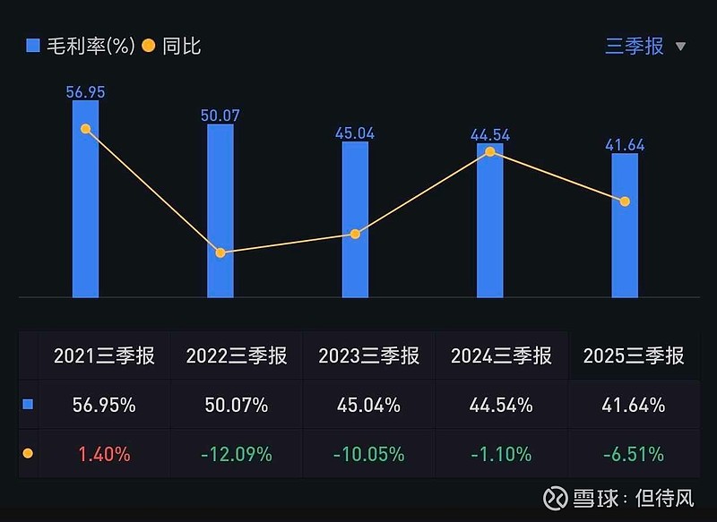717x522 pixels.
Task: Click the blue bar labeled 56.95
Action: (x=85, y=199)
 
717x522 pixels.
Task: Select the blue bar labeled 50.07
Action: (x=220, y=211)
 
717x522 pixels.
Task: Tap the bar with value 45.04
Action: (x=355, y=219)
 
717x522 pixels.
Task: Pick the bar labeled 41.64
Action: (x=625, y=226)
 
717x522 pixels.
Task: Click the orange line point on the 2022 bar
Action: (x=220, y=252)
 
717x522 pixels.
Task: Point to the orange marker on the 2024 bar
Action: (x=490, y=151)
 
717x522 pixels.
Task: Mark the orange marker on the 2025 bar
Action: (x=625, y=201)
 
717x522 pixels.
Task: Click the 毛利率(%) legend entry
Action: (x=81, y=46)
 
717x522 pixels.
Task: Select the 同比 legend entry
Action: (x=172, y=46)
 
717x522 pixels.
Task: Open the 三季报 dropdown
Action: (x=645, y=46)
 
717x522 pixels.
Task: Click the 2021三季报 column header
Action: (x=104, y=355)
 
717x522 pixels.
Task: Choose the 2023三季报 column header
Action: (x=368, y=355)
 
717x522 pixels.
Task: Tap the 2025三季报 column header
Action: (x=634, y=355)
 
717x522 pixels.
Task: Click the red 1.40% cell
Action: (x=104, y=454)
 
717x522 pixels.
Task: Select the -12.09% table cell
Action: (x=237, y=454)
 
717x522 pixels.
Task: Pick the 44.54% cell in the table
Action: (x=501, y=405)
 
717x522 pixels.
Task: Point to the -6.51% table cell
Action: (x=634, y=454)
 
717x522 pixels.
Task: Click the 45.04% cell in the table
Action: (x=368, y=405)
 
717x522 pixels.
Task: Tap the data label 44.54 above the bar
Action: (x=490, y=135)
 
